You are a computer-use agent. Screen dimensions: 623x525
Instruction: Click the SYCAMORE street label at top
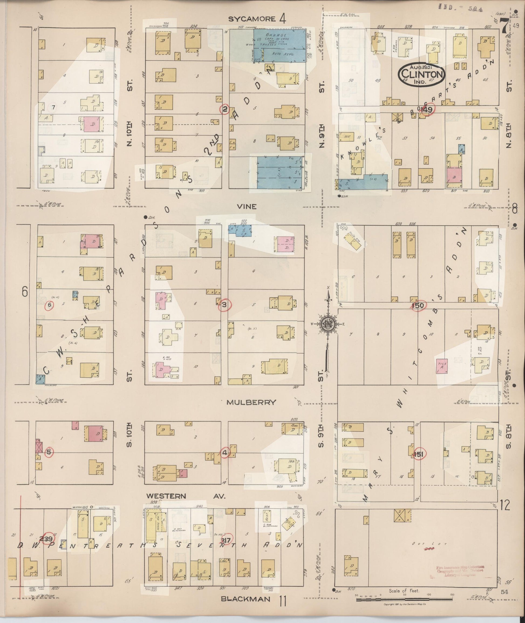tap(251, 19)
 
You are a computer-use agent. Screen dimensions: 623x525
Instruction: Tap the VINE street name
tap(247, 206)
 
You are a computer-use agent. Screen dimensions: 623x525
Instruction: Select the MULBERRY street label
tap(251, 402)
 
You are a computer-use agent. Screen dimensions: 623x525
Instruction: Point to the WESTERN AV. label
tap(186, 496)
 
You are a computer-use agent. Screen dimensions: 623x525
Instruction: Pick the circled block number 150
tap(418, 306)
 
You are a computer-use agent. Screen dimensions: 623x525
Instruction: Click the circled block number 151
tap(418, 454)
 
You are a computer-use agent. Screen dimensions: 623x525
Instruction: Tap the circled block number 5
tap(49, 452)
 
